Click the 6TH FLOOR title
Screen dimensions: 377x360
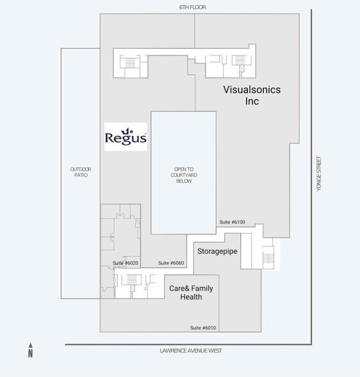(192, 7)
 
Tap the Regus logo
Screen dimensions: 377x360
(126, 137)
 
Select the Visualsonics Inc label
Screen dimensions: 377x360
(251, 96)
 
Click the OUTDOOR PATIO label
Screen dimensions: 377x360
(81, 172)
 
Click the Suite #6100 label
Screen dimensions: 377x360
(232, 222)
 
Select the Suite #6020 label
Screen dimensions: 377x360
(126, 263)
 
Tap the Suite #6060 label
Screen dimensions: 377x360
(171, 263)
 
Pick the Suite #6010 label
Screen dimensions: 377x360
(203, 328)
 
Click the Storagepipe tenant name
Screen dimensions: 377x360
(217, 251)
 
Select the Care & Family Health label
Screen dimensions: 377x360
(191, 292)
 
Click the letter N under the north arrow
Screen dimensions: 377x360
(30, 353)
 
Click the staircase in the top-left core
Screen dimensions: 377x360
(131, 63)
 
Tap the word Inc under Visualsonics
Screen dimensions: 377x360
(251, 101)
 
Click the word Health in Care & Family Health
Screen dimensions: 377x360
(191, 297)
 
